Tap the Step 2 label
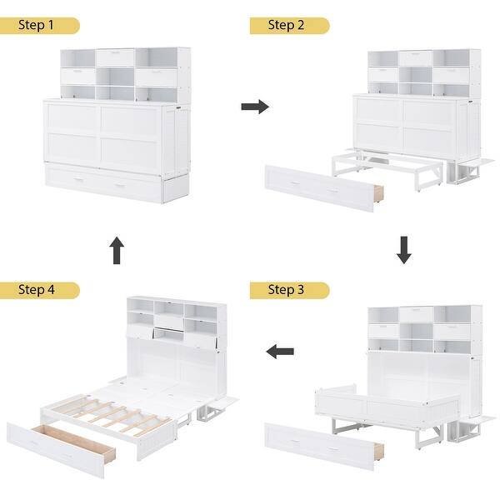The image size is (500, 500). tap(288, 26)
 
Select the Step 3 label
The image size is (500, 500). tap(288, 290)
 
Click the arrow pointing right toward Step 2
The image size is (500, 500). tap(255, 107)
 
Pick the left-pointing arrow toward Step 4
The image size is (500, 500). tap(280, 352)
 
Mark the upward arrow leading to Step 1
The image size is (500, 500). tap(117, 250)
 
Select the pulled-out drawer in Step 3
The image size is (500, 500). tap(321, 442)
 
